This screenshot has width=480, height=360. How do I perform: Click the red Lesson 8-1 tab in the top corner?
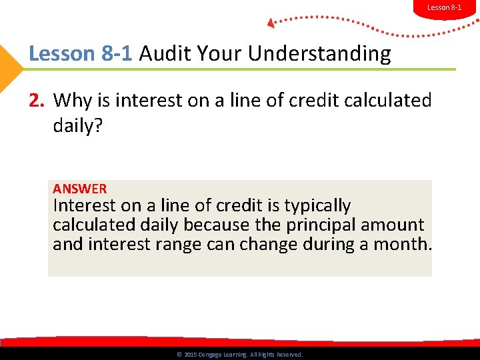pyautogui.click(x=443, y=7)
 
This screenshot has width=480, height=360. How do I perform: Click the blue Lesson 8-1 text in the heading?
pyautogui.click(x=81, y=54)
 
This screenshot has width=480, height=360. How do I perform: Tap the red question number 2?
pyautogui.click(x=36, y=101)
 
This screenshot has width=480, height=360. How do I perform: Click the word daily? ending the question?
pyautogui.click(x=78, y=125)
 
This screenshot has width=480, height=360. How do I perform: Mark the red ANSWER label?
pyautogui.click(x=79, y=189)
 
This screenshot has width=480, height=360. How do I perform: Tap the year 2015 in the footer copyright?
pyautogui.click(x=190, y=355)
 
